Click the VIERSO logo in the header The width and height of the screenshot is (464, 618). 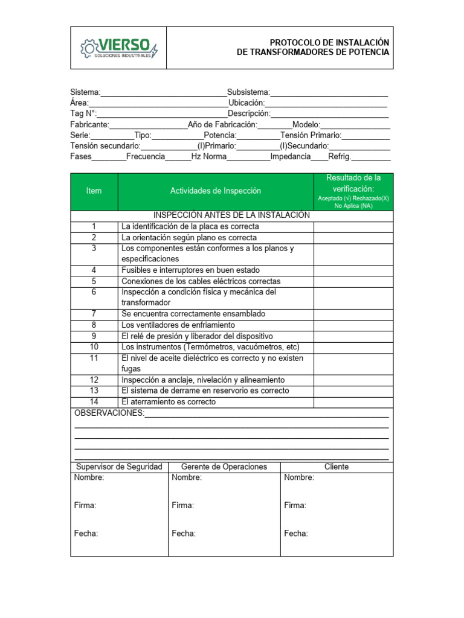[119, 48]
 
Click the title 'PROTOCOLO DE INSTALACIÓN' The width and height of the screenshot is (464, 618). [329, 42]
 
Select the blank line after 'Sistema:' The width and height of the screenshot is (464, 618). [163, 93]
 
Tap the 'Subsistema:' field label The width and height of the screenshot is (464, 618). [248, 92]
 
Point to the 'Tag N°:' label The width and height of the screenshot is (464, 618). [83, 113]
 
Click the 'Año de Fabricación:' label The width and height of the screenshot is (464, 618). [222, 124]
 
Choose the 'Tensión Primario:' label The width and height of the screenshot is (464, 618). [311, 135]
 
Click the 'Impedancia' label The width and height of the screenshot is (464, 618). [290, 156]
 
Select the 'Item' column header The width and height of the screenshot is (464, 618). [94, 191]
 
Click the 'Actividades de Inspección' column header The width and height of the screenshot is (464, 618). [216, 191]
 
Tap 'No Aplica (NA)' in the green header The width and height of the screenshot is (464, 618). [353, 206]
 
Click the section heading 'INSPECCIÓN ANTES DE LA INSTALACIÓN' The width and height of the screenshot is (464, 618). [231, 215]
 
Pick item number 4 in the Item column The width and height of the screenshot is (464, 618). [94, 270]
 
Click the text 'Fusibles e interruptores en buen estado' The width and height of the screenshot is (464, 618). [190, 270]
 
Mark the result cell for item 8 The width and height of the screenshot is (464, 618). [353, 325]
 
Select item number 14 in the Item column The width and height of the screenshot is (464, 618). [94, 401]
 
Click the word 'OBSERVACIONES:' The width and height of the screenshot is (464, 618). [109, 413]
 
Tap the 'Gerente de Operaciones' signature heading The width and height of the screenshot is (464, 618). [224, 467]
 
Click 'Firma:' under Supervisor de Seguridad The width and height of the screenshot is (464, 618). [85, 506]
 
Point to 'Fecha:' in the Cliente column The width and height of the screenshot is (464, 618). [296, 534]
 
